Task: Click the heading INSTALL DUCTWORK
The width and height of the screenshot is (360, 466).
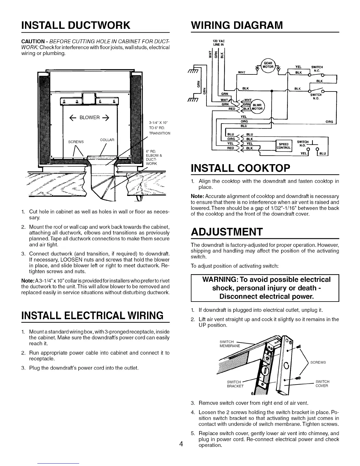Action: [76, 25]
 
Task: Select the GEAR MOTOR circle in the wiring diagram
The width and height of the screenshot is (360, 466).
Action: [268, 65]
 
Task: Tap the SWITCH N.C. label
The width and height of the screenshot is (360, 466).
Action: [317, 69]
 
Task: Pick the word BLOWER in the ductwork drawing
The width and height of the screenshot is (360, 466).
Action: [90, 117]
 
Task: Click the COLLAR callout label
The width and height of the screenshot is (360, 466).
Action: [107, 140]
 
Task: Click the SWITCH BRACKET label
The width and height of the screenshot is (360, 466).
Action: [235, 384]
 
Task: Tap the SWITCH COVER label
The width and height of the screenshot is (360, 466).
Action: [322, 384]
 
